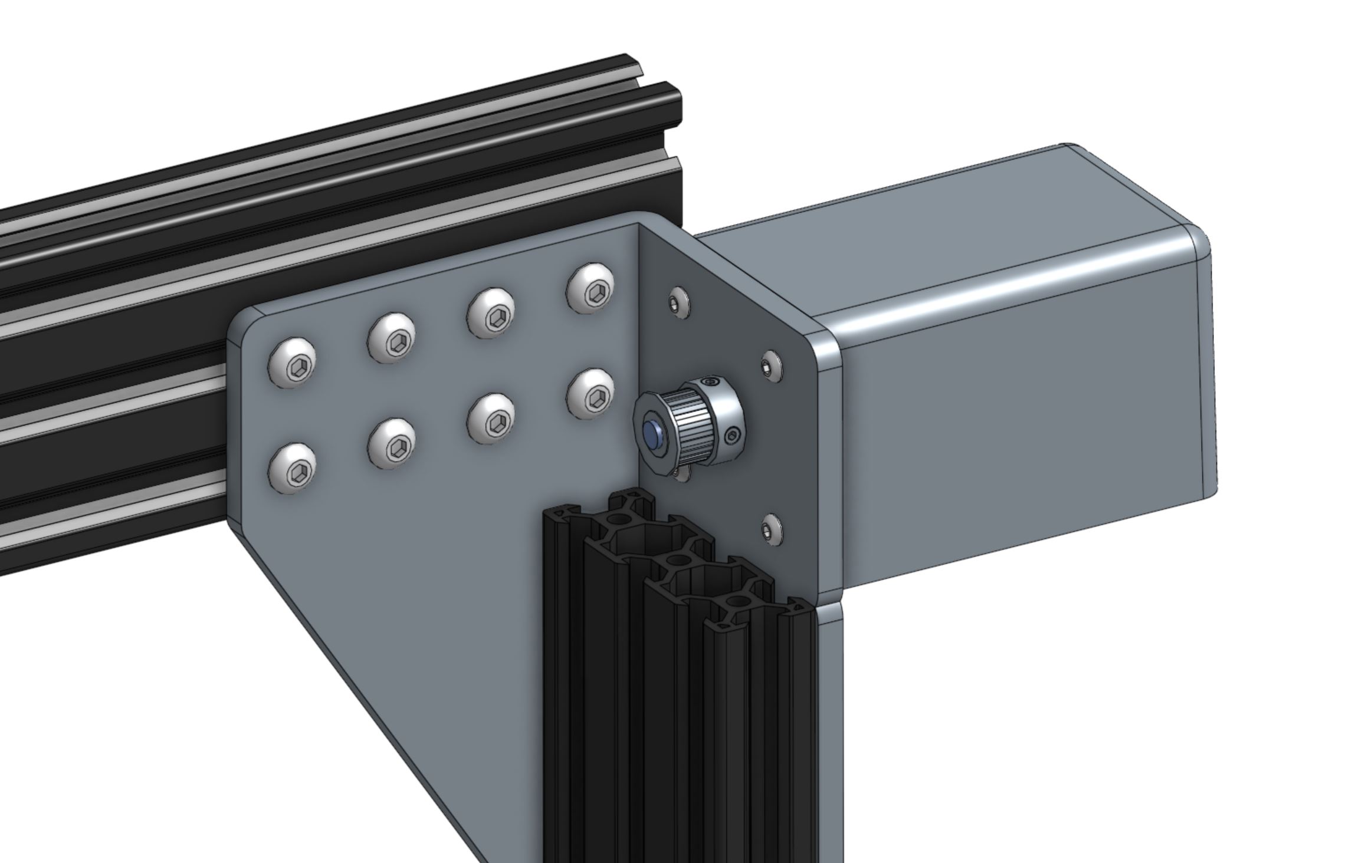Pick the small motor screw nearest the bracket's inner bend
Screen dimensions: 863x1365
[679, 302]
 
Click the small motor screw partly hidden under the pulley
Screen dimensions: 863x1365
[682, 473]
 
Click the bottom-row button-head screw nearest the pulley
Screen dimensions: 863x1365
[590, 394]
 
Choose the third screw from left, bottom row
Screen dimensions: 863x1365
[490, 419]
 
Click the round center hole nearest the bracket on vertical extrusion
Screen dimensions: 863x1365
[617, 520]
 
